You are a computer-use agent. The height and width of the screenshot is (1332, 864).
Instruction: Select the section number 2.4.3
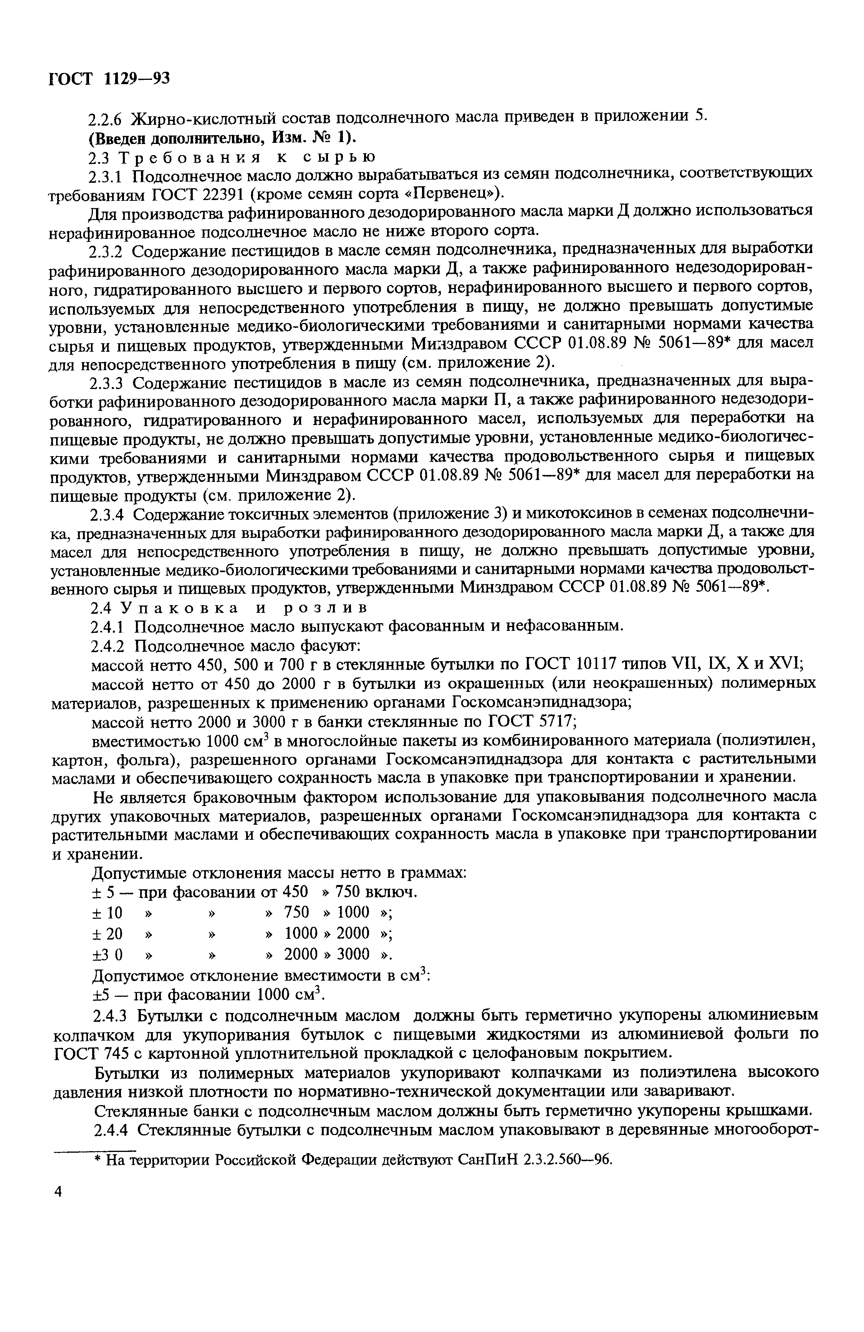pos(108,1015)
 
